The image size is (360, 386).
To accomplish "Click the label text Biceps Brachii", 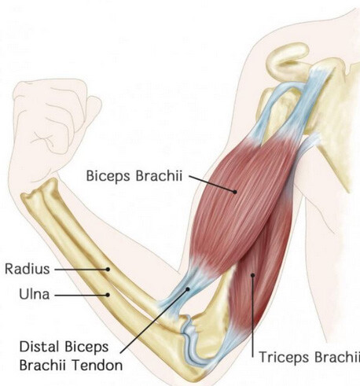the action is coord(134,176).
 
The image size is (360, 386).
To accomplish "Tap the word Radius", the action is coord(28,269).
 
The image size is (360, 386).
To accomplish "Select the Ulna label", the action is coord(35,294).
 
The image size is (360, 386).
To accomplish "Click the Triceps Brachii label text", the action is coord(309,357).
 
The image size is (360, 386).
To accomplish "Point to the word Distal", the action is coord(39,347).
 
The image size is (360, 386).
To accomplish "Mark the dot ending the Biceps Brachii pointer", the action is coord(235,192).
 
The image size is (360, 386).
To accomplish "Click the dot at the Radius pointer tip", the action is coord(108,269).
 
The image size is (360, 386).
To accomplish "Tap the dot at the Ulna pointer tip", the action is coord(108,295).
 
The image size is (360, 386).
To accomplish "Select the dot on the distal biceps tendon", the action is coord(188,289).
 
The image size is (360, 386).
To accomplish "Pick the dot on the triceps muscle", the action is coord(253,275).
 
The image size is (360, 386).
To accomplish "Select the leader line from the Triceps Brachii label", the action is coord(253,316).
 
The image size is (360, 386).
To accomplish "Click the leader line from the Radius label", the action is coord(81,269).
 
